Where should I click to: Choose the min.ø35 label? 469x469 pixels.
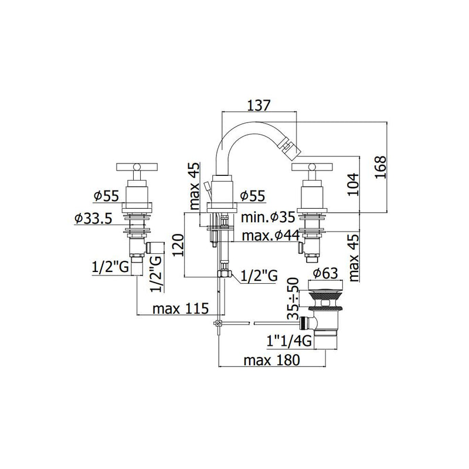click(x=269, y=218)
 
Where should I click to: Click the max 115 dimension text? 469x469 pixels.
click(x=181, y=309)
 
